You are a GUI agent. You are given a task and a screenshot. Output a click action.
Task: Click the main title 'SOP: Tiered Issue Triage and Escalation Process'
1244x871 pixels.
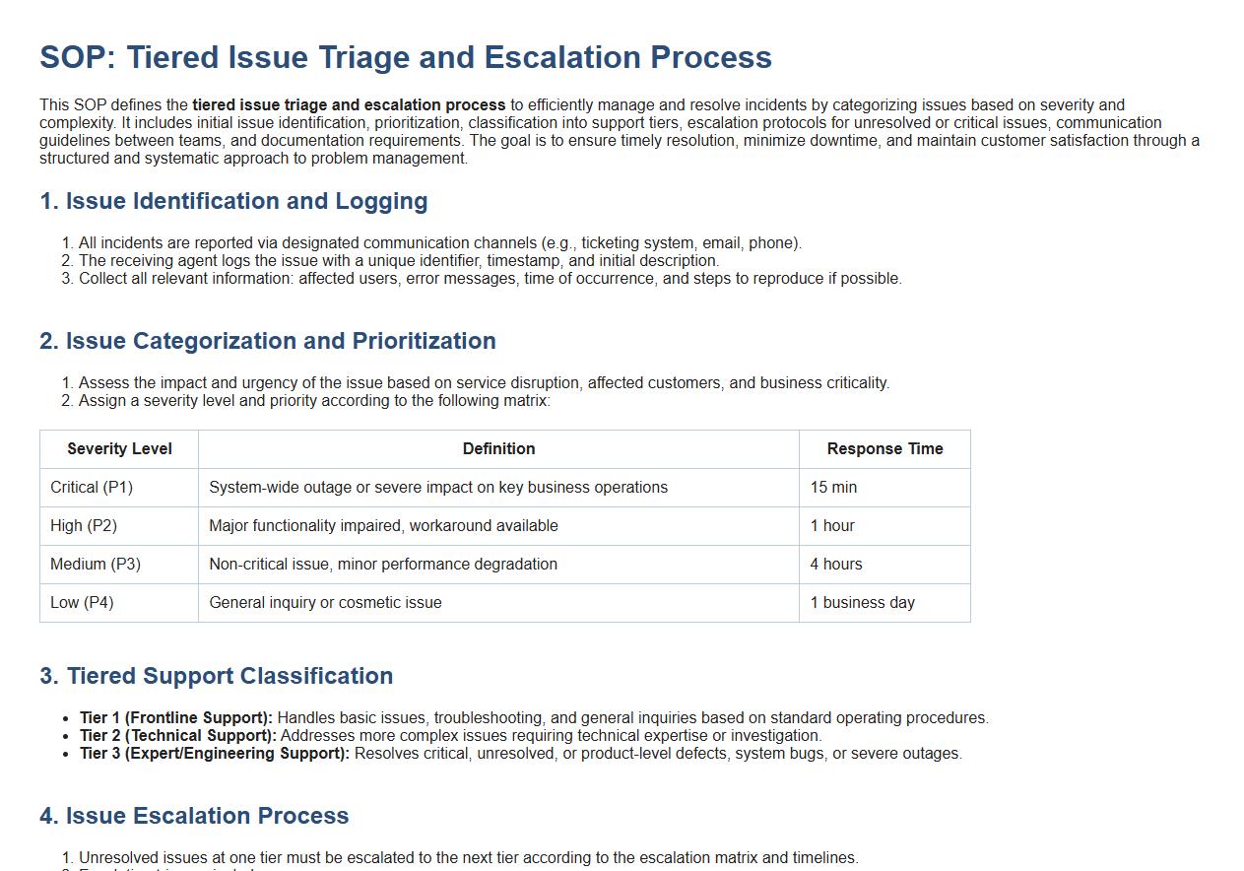click(405, 57)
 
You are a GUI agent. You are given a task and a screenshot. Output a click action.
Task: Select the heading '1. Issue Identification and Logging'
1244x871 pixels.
click(233, 201)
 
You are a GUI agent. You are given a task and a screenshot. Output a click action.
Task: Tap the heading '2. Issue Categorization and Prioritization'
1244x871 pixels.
click(267, 341)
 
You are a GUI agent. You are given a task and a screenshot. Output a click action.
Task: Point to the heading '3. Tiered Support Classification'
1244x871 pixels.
click(216, 676)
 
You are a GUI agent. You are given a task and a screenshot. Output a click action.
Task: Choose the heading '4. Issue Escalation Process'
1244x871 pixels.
click(194, 816)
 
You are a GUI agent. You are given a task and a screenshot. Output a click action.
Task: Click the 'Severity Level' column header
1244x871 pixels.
click(119, 449)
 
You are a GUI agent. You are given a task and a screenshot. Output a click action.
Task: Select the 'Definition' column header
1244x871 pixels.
click(498, 449)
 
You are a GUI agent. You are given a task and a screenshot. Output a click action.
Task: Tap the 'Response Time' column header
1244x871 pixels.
click(884, 449)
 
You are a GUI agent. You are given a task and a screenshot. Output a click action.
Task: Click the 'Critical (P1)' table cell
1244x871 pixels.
click(92, 488)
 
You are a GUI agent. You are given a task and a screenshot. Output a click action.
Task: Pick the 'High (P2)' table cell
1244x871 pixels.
click(84, 526)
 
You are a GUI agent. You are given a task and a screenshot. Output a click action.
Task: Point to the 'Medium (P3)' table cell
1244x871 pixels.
click(96, 565)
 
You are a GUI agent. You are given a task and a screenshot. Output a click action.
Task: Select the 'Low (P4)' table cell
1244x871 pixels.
click(82, 603)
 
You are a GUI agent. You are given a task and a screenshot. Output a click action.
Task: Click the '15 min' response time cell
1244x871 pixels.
click(833, 488)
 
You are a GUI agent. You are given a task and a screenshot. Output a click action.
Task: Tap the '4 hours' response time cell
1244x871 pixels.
click(836, 565)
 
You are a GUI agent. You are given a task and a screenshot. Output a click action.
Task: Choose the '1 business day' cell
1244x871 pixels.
click(862, 603)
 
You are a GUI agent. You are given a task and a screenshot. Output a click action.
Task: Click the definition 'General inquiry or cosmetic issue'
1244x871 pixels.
click(325, 603)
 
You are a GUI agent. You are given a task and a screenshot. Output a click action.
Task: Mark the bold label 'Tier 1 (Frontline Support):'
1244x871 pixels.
click(176, 718)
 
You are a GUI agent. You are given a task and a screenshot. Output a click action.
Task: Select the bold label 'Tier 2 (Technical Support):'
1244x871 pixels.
click(177, 736)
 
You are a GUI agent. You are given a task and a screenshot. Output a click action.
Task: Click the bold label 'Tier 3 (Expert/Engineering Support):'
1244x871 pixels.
click(215, 754)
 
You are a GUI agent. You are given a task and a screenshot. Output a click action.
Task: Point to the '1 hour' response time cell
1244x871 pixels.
click(832, 526)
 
